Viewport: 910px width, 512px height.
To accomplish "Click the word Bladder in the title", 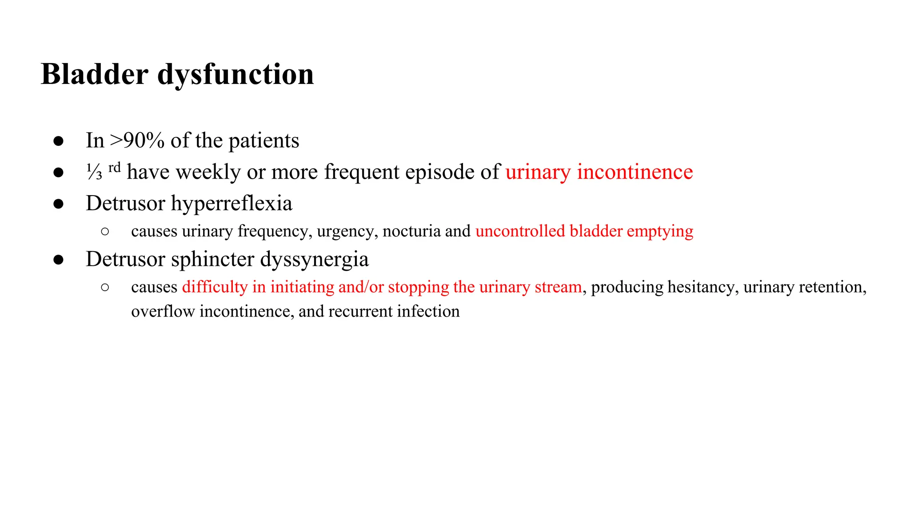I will click(94, 74).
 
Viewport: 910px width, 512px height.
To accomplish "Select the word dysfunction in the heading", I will click(235, 74).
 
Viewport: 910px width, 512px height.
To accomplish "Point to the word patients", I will click(263, 141).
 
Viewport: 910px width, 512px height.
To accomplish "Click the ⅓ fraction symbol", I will click(94, 172).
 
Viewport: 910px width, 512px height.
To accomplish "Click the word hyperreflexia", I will click(231, 204).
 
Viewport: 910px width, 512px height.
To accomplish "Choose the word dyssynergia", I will click(314, 259).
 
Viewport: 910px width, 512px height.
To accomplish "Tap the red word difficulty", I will click(215, 287).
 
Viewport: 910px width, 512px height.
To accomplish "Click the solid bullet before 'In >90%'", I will click(58, 141).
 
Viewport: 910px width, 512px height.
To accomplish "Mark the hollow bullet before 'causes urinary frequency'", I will click(105, 232).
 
